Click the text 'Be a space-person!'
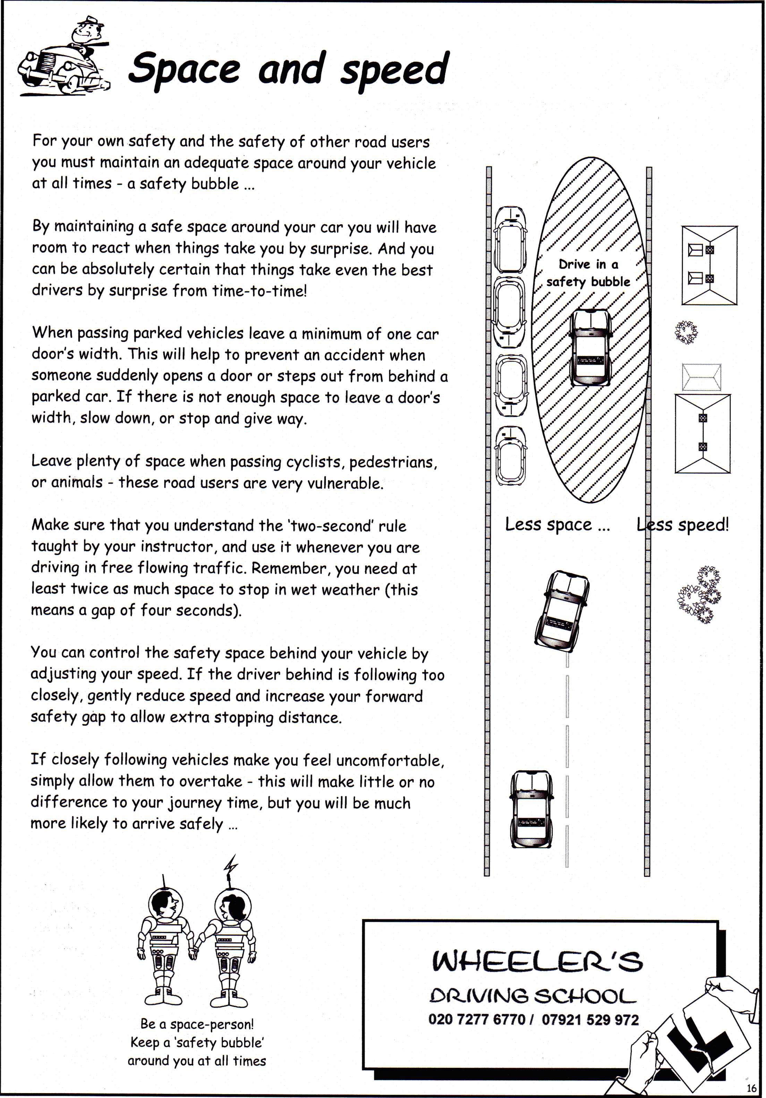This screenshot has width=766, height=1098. [197, 1024]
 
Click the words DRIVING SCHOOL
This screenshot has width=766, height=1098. [533, 996]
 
